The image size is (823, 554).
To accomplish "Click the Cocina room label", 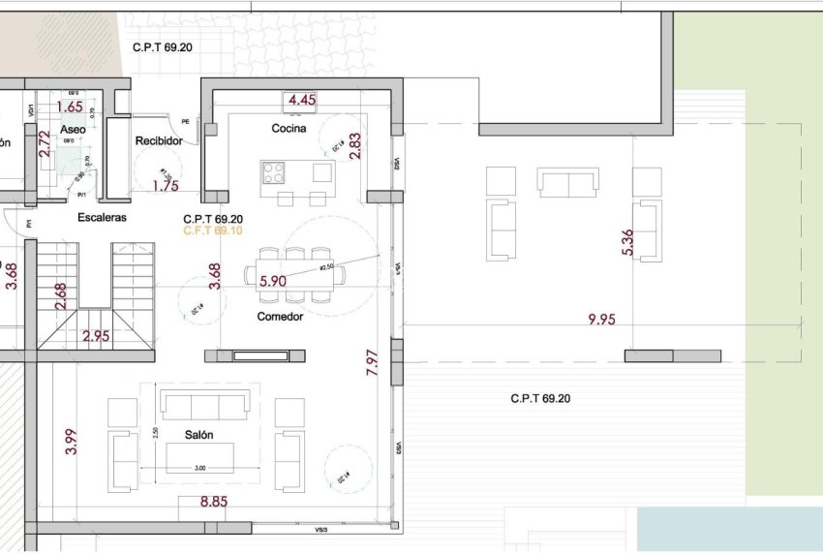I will pos(289,128).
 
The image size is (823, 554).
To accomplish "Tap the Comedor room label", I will pos(280,317).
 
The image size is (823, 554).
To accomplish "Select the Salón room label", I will pos(198,435).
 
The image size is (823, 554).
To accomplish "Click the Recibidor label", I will pos(159,140).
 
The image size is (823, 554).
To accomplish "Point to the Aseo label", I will pos(73,129).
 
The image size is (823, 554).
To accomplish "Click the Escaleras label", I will pos(102,218).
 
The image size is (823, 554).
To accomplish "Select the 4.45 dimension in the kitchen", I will pos(302,100).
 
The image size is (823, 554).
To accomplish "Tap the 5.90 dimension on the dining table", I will pos(272,282).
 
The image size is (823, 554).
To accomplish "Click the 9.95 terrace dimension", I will pos(601,319).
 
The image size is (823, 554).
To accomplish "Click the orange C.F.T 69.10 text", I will pos(212,231).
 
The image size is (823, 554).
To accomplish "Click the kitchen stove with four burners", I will pos(273,172).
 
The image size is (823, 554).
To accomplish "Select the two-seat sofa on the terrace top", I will pos(567,182).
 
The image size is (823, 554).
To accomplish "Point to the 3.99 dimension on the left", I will pos(69,441).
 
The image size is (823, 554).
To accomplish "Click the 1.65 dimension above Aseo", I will pos(70,107).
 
